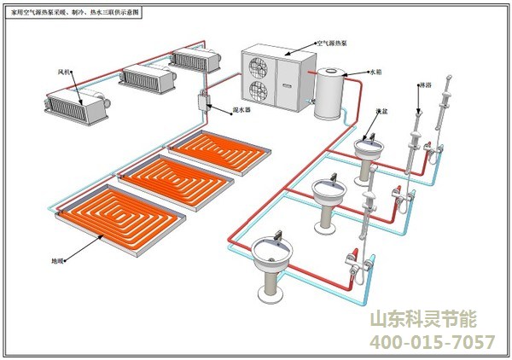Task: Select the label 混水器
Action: tap(228, 109)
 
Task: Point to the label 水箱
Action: tap(375, 73)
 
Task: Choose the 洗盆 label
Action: tap(381, 111)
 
